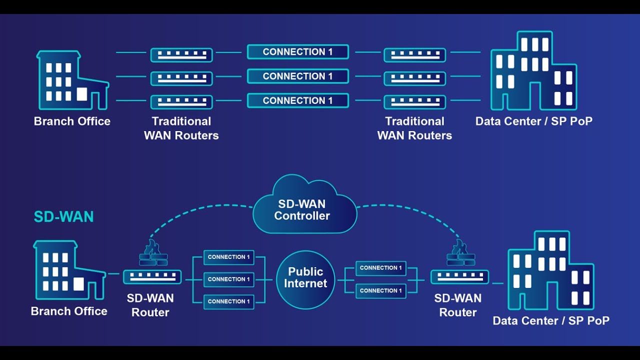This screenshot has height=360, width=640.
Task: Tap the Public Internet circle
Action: pos(305,278)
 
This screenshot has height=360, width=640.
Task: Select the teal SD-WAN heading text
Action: pos(63,216)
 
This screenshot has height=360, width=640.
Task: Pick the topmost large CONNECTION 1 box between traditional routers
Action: pos(297,52)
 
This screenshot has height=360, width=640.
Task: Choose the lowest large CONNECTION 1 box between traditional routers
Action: pos(297,100)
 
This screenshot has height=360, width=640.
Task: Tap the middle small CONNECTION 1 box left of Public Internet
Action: pos(229,279)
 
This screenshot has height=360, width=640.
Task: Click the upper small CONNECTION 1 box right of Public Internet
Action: pos(381,268)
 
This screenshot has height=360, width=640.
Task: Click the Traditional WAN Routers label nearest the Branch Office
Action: pos(181,128)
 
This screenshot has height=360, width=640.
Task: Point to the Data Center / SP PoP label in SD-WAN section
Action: pos(551,320)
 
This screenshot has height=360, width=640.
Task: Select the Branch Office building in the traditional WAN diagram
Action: pos(71,81)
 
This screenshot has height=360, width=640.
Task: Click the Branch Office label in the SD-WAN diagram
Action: pos(69,311)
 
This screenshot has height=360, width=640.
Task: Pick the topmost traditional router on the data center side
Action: pos(414,55)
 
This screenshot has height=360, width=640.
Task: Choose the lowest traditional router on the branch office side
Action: pos(181,102)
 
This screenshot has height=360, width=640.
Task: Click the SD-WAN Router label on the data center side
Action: pos(457,305)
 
